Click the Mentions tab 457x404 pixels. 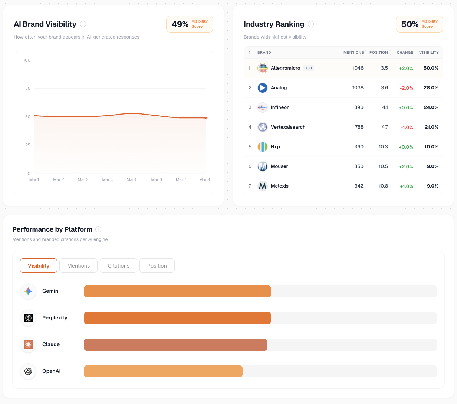[x=78, y=266]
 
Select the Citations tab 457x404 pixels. [x=118, y=266]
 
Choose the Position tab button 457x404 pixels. [x=157, y=266]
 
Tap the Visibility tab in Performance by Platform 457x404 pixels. [x=39, y=266]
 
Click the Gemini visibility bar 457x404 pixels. [x=177, y=291]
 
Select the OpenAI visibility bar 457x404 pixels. [x=163, y=371]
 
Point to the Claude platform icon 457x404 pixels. [x=28, y=345]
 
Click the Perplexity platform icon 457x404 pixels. [x=28, y=318]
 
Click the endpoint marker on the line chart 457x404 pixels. [x=206, y=118]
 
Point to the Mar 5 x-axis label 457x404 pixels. [x=132, y=179]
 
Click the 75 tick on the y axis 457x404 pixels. [x=28, y=88]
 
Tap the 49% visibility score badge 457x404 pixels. [x=190, y=24]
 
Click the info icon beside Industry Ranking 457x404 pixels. [x=311, y=24]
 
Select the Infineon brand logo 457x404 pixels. [x=263, y=107]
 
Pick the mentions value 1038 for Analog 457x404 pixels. [x=358, y=88]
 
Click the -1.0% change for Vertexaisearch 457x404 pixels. [x=407, y=128]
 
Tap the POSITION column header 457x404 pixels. [x=378, y=53]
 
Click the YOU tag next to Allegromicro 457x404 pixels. [x=309, y=68]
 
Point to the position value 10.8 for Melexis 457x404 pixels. [x=383, y=186]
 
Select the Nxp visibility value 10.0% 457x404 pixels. [x=431, y=147]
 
